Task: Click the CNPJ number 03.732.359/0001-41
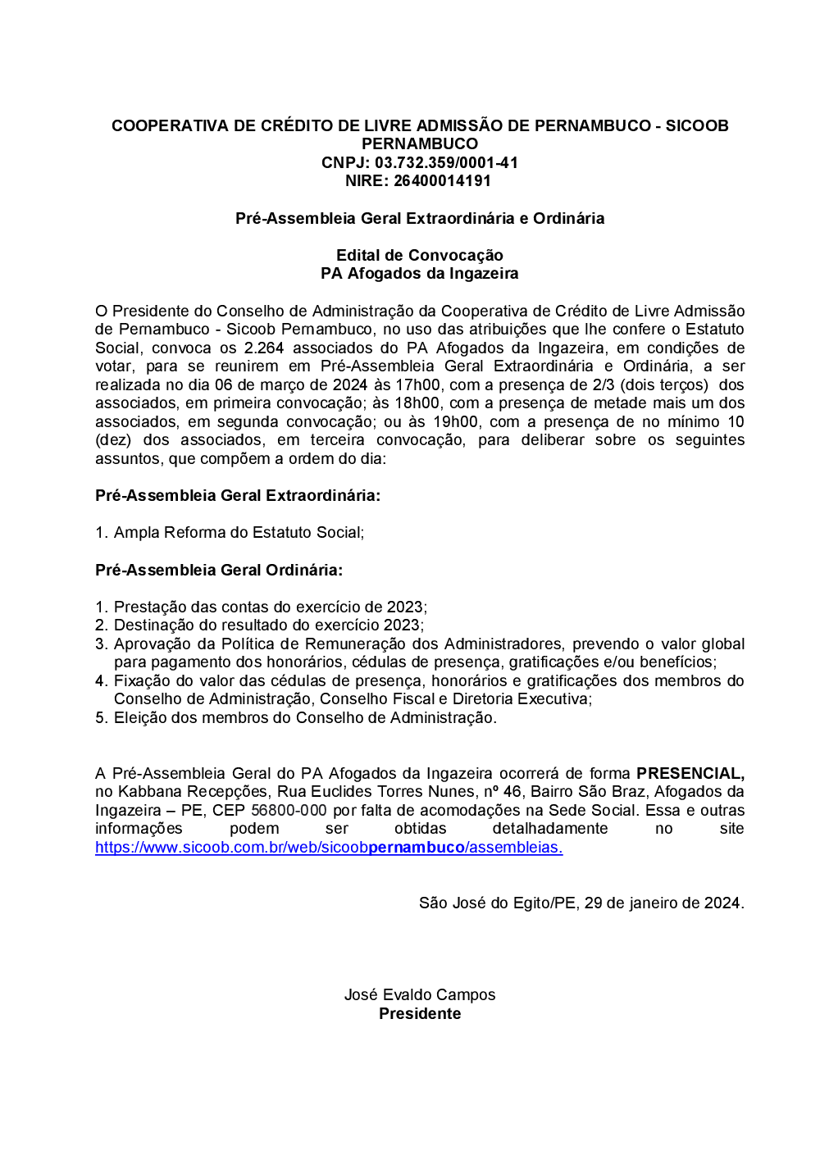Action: point(446,162)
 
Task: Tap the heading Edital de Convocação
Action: point(419,255)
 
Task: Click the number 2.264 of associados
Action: point(263,348)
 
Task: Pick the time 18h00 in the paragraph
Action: point(417,403)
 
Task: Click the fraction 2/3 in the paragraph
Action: point(603,384)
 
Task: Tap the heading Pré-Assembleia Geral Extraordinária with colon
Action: point(238,495)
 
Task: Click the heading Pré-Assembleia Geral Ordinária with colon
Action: point(219,570)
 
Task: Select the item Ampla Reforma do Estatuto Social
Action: point(238,532)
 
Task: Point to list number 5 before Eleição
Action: point(101,717)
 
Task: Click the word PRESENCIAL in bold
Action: point(690,773)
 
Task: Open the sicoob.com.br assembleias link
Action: point(329,848)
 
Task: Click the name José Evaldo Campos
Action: point(419,994)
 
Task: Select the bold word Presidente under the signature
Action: point(419,1013)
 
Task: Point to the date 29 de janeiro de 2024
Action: point(662,903)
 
